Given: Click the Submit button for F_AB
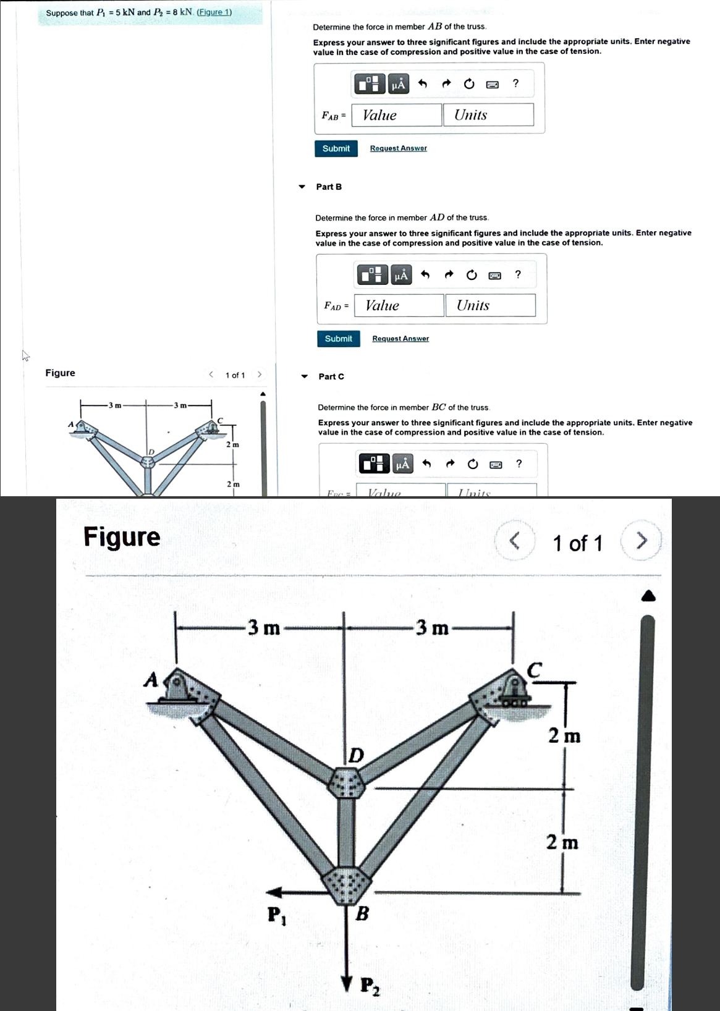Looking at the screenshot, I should pyautogui.click(x=336, y=148).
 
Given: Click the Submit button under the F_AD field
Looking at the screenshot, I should pyautogui.click(x=338, y=339).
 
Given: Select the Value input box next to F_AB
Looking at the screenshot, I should pyautogui.click(x=396, y=115).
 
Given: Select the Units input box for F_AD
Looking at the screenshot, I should pyautogui.click(x=490, y=305).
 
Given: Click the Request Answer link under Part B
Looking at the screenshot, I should pyautogui.click(x=400, y=339).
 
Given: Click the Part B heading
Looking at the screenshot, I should pyautogui.click(x=329, y=187).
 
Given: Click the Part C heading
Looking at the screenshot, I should pyautogui.click(x=331, y=376).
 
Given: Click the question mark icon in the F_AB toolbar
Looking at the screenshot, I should pyautogui.click(x=515, y=83).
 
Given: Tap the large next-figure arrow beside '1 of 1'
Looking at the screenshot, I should pyautogui.click(x=642, y=541).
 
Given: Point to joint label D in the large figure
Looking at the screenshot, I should pyautogui.click(x=357, y=755).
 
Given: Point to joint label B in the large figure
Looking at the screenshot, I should pyautogui.click(x=363, y=913).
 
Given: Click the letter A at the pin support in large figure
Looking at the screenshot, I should pyautogui.click(x=150, y=680).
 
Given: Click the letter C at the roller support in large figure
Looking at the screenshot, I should pyautogui.click(x=534, y=670).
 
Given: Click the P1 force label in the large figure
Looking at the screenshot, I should pyautogui.click(x=276, y=915).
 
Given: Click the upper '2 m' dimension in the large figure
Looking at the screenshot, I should pyautogui.click(x=564, y=736).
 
